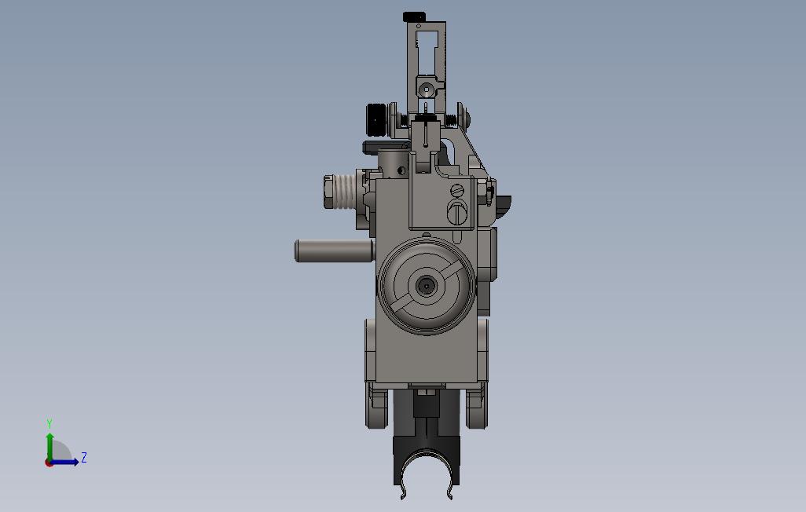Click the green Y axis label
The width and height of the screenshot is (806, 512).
pos(49,423)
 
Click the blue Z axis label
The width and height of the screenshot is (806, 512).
pos(83,457)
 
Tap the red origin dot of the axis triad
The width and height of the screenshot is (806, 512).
pos(49,463)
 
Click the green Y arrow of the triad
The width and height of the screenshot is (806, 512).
pos(49,448)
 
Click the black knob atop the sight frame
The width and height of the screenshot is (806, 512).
pos(414,17)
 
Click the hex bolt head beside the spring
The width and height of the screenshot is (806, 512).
pos(329,192)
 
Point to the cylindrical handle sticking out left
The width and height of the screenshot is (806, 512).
pos(334,251)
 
